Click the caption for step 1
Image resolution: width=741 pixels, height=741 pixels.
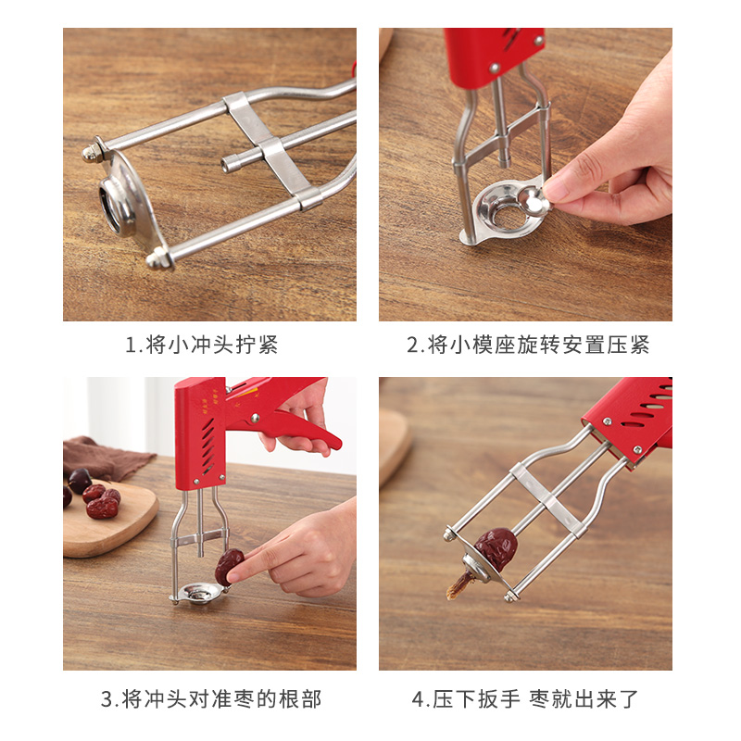pos(201,345)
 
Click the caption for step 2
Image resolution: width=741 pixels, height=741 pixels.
pos(528,345)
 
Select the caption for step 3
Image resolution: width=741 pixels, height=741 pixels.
pos(211,699)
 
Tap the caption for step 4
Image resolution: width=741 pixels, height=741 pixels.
pos(525,699)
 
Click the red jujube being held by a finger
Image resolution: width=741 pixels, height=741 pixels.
pos(229,567)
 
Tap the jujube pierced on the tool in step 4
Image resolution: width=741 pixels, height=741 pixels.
pos(496,548)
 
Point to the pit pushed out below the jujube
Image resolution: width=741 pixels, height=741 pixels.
pos(458,586)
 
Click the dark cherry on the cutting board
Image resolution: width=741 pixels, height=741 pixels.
pos(80,481)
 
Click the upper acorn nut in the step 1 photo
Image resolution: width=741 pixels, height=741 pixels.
pos(91,153)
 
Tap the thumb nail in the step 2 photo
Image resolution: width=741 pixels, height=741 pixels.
pos(554,188)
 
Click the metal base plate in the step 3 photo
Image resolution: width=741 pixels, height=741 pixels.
pos(197,593)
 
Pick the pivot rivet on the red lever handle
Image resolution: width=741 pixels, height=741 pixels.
pos(256,418)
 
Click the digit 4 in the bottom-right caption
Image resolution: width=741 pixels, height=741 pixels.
pos(418,699)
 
